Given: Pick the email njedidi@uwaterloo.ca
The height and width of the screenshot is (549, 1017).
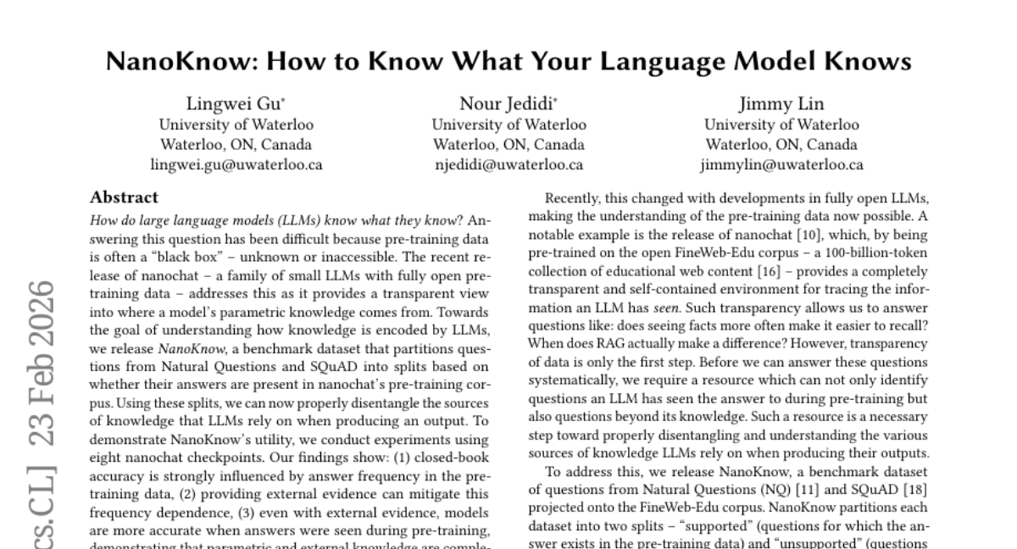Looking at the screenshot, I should tap(508, 165).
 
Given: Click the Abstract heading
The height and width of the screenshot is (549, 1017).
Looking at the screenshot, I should tap(125, 197).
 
